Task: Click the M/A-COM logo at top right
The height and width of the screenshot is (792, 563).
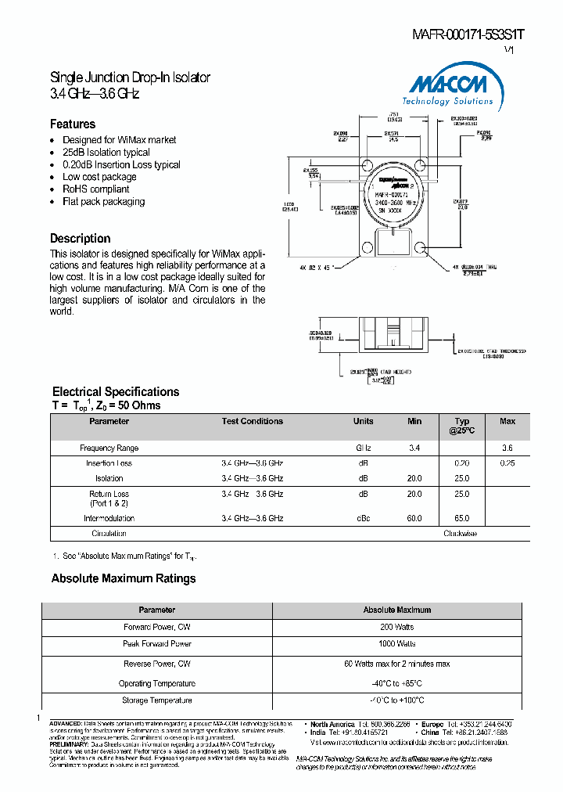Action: tap(447, 87)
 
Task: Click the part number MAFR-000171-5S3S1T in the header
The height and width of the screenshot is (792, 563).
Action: tap(468, 34)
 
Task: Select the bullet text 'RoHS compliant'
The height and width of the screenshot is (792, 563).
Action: tap(96, 189)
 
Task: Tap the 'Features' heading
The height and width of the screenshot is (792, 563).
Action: tap(73, 124)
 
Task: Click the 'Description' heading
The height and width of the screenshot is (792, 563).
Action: tap(81, 239)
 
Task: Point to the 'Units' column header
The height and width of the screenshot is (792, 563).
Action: tap(363, 422)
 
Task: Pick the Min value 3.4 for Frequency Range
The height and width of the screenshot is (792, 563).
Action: tap(414, 448)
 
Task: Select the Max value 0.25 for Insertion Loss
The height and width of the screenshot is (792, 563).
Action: tap(507, 463)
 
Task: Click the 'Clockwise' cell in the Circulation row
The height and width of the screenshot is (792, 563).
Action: tap(461, 534)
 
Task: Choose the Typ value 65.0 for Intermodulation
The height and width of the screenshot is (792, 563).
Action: tap(461, 518)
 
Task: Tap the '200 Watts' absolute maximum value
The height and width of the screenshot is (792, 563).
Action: tap(396, 628)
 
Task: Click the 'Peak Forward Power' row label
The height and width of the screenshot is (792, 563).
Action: tap(157, 644)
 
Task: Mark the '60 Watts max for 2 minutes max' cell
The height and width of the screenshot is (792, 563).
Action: tap(396, 664)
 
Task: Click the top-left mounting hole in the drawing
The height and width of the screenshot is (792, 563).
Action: tap(366, 165)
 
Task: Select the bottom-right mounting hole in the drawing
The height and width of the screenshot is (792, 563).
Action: tap(422, 247)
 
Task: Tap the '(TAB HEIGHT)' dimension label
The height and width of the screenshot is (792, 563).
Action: tap(395, 372)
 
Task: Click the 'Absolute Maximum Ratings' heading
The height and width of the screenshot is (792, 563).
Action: tap(124, 579)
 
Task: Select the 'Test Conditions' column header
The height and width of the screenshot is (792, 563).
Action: tap(252, 422)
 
